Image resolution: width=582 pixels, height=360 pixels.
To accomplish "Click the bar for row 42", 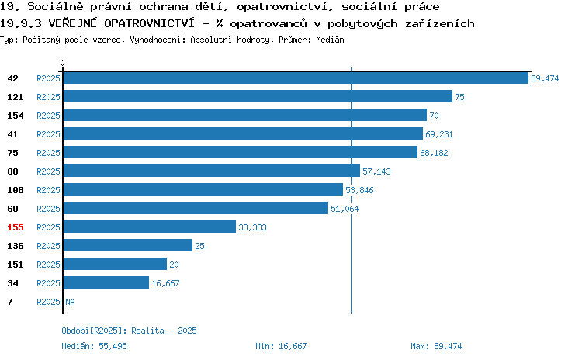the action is pyautogui.click(x=296, y=78).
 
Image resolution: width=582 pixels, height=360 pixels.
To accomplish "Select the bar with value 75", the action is pyautogui.click(x=258, y=96).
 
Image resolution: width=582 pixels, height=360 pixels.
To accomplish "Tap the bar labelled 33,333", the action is pyautogui.click(x=150, y=227).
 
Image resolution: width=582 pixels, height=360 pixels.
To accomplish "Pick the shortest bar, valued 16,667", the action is pyautogui.click(x=106, y=282).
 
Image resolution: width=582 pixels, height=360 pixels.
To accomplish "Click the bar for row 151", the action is pyautogui.click(x=115, y=264).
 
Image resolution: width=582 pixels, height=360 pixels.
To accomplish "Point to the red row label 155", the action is pyautogui.click(x=16, y=227).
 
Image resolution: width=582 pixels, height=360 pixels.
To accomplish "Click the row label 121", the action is pyautogui.click(x=16, y=97).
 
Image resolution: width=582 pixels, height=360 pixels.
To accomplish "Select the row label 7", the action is pyautogui.click(x=10, y=302).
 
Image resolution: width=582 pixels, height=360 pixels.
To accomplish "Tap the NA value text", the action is pyautogui.click(x=70, y=302).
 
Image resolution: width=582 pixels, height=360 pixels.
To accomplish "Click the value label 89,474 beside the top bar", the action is pyautogui.click(x=545, y=78).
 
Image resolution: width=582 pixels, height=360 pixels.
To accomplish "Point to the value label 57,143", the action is pyautogui.click(x=376, y=171).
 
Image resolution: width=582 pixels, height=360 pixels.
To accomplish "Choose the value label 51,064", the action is pyautogui.click(x=345, y=209).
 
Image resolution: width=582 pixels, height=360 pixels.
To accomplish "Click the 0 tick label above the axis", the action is pyautogui.click(x=62, y=63).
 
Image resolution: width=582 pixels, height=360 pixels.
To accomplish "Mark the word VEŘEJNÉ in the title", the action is pyautogui.click(x=72, y=23).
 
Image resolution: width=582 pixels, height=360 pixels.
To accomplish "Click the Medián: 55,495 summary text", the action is pyautogui.click(x=94, y=346).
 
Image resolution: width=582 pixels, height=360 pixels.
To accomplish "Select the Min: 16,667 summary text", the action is pyautogui.click(x=281, y=346).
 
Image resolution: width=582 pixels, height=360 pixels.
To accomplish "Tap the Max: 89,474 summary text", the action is pyautogui.click(x=436, y=346).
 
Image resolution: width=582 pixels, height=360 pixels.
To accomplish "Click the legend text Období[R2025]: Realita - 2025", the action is pyautogui.click(x=129, y=331).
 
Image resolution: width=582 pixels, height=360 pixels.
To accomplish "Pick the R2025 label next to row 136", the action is pyautogui.click(x=48, y=246).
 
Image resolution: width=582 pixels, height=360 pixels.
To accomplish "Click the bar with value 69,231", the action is pyautogui.click(x=243, y=133).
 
